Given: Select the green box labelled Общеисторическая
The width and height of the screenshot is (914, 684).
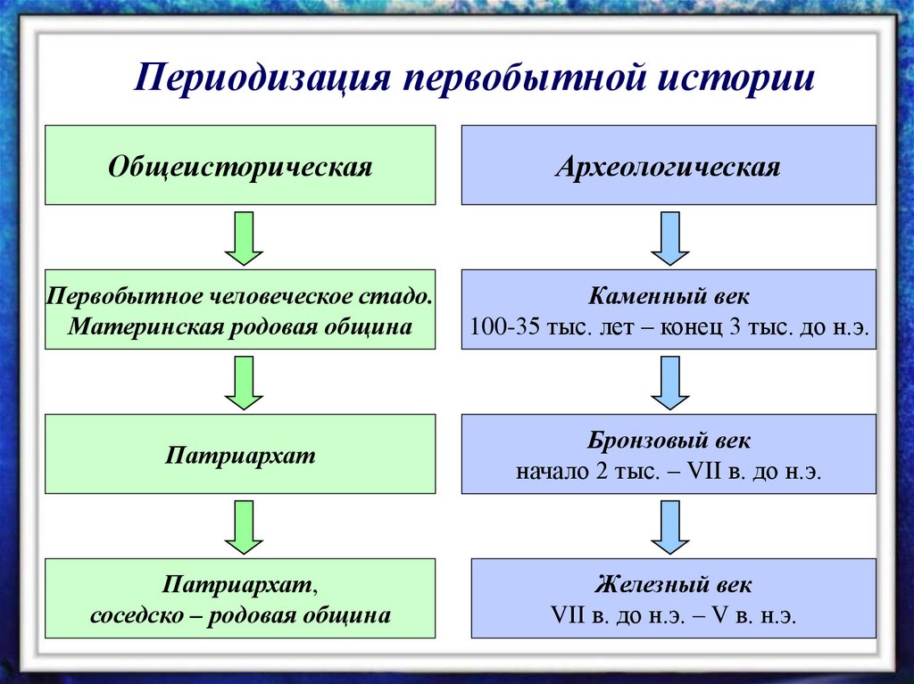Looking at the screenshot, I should point(240,166).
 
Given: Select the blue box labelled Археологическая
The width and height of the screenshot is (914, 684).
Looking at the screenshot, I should point(668,166).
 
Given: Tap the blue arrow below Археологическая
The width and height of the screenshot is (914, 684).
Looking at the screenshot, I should point(670,238).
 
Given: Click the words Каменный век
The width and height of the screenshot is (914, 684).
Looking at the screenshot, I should point(669,295).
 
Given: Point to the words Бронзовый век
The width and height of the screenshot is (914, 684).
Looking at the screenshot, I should point(669,441).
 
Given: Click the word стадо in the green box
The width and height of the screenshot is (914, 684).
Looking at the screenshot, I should point(402,295).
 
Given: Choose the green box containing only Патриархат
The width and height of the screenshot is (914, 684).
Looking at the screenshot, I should point(240,454).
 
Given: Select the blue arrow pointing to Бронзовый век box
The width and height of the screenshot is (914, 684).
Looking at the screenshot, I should point(670,383).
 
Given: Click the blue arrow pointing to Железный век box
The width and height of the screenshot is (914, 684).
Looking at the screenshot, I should point(670,527).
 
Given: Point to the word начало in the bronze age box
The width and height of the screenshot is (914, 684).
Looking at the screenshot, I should point(548,472).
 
